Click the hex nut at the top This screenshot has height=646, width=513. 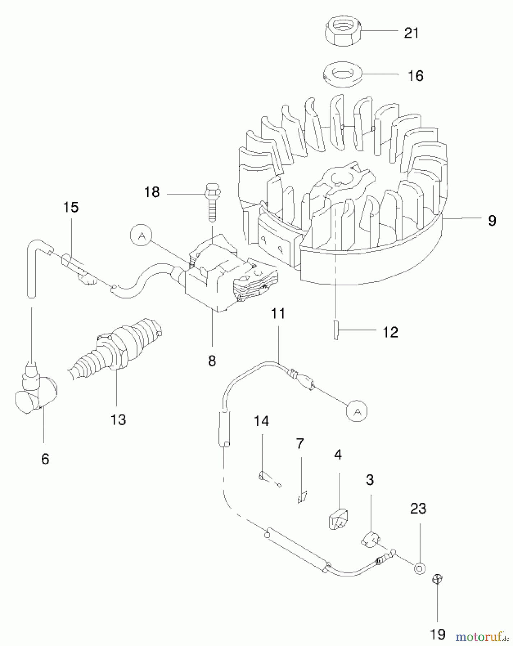pos(343,31)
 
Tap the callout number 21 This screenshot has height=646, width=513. pos(411,33)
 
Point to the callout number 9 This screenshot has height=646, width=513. pos(492,220)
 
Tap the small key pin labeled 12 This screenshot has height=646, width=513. pos(336,329)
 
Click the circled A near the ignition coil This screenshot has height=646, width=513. pos(141,235)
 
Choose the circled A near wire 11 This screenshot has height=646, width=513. pos(357,411)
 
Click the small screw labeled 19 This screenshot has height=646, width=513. pos(438,579)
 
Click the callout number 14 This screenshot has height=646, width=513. pos(262,421)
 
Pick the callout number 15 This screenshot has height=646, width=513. pos(71,207)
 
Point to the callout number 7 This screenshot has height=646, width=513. pos(300,444)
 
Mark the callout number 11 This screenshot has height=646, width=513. pos(278,313)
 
